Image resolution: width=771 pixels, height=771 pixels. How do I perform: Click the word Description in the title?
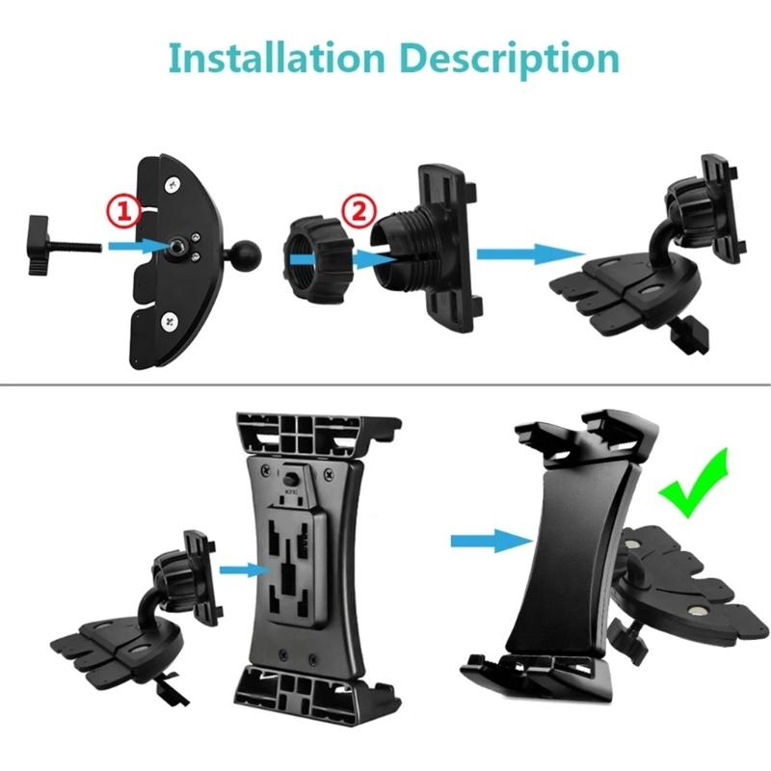click(507, 59)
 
